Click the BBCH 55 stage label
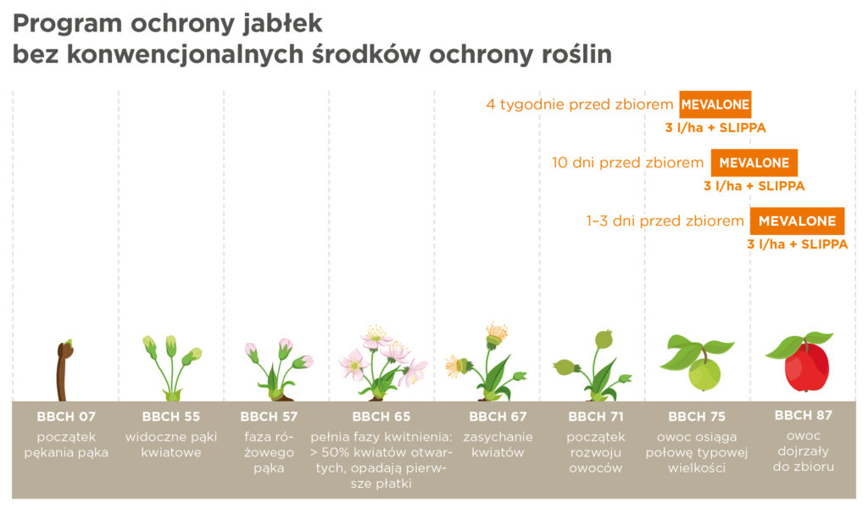[x=171, y=417]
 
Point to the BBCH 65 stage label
[x=381, y=417]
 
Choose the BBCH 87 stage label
[x=804, y=415]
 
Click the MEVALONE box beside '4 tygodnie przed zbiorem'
[x=715, y=104]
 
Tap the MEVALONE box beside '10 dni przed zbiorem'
[x=754, y=162]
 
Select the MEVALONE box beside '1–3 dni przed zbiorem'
[x=797, y=221]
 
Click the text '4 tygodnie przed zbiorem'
[x=580, y=104]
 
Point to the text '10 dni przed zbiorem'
[x=628, y=163]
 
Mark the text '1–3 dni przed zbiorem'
[x=665, y=221]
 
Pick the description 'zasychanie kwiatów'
[x=498, y=445]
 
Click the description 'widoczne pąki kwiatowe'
[x=171, y=445]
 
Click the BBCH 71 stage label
[x=596, y=417]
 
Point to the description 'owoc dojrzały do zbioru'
[x=804, y=451]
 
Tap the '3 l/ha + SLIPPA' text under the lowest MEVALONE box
[x=797, y=244]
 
